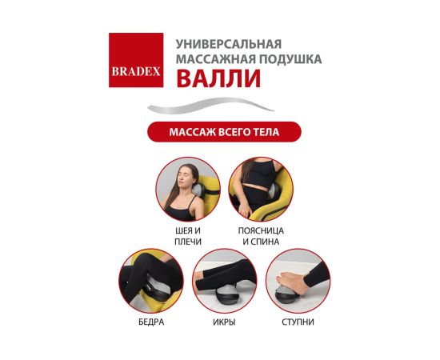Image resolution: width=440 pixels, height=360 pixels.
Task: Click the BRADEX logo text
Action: click(x=136, y=71)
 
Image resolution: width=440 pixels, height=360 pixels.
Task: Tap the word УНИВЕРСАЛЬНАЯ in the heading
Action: click(x=229, y=44)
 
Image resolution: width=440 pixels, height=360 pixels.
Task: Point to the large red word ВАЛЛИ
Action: click(x=218, y=78)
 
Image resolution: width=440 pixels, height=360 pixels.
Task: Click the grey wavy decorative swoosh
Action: click(x=210, y=106)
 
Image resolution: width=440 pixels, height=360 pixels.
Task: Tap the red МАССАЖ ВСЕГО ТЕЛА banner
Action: click(x=224, y=132)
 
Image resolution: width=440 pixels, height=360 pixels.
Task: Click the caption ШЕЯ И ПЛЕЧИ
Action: click(x=188, y=236)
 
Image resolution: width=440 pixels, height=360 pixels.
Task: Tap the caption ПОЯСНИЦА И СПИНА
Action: click(x=261, y=236)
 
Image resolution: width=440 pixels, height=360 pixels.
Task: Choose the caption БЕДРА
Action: click(x=151, y=322)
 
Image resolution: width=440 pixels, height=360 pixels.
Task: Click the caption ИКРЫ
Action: click(x=224, y=322)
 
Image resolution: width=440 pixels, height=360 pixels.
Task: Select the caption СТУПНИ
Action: click(x=298, y=322)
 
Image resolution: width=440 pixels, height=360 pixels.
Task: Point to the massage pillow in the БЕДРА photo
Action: click(x=156, y=290)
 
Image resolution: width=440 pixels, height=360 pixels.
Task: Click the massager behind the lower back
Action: click(x=273, y=192)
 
